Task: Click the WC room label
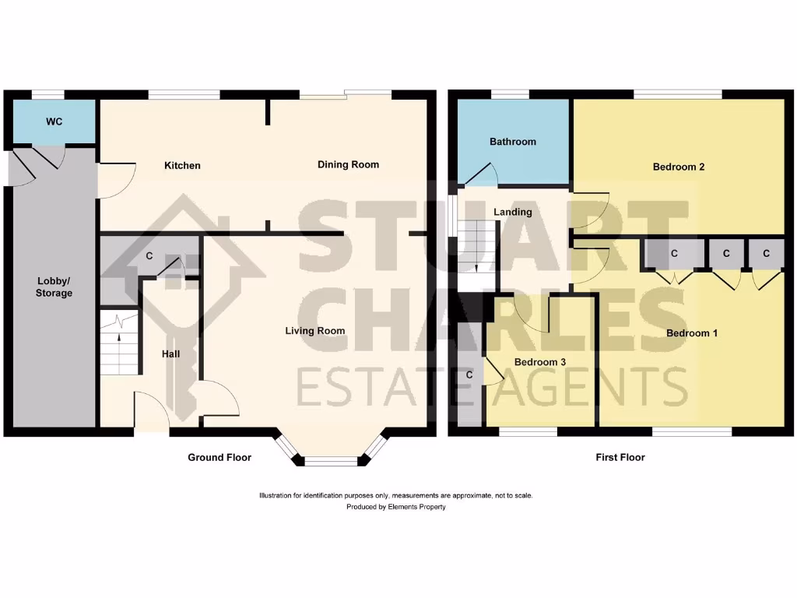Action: click(x=54, y=122)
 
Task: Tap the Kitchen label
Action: click(x=182, y=165)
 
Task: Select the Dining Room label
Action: click(x=348, y=164)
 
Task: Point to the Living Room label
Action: click(x=314, y=331)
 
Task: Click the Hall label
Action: click(x=170, y=354)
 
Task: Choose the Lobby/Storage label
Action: click(x=54, y=287)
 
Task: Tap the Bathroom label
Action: click(x=513, y=142)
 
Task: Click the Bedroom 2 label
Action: click(x=679, y=167)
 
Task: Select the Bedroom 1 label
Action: click(x=692, y=333)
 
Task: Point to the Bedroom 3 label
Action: click(x=540, y=362)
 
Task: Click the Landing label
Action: click(x=513, y=212)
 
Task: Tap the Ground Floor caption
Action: click(x=219, y=458)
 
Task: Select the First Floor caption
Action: click(x=620, y=458)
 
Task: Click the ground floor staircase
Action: click(x=118, y=342)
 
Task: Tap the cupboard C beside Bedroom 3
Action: click(x=469, y=375)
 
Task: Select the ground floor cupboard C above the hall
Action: click(x=149, y=256)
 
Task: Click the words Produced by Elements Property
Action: click(x=396, y=507)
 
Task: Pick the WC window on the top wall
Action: click(x=47, y=94)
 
